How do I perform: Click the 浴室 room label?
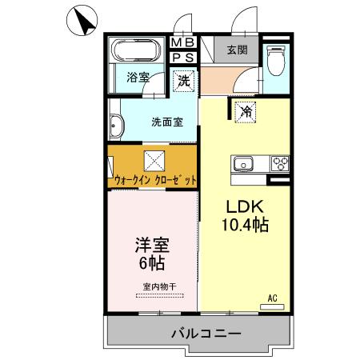tap(138, 78)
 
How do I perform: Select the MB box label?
tap(183, 43)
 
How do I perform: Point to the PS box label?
tap(183, 57)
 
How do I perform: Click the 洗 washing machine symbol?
tap(184, 80)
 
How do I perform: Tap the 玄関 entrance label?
tap(236, 50)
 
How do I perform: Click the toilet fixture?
tap(277, 58)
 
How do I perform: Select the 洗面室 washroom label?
tap(167, 122)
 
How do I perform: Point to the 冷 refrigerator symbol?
tap(246, 113)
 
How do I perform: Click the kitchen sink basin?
tap(242, 165)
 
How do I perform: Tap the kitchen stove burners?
tap(280, 164)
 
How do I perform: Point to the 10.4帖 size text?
tap(244, 225)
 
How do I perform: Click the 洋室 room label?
tap(152, 242)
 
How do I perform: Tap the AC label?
tap(272, 298)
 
